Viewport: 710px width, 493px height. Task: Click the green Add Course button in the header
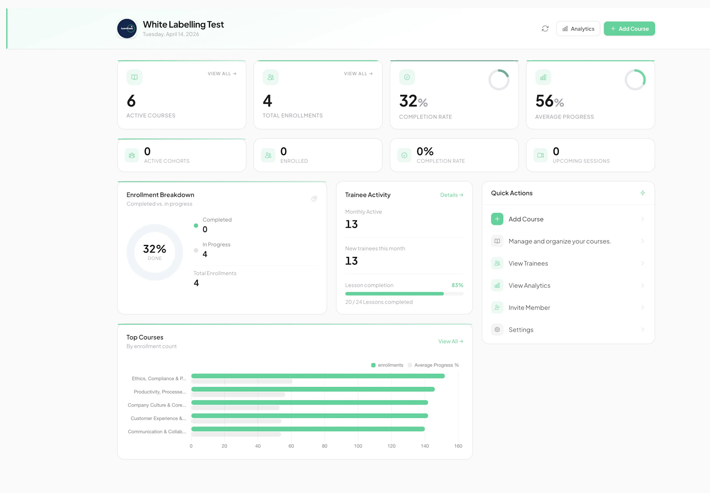tap(629, 29)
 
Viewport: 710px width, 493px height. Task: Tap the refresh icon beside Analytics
tap(545, 29)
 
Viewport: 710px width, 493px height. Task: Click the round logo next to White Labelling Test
tap(127, 29)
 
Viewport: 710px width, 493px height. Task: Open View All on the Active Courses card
tap(222, 74)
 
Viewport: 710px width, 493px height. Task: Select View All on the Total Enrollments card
tap(358, 74)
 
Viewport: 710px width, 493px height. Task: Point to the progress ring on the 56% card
tap(635, 80)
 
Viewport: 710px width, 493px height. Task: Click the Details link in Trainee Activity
tap(451, 195)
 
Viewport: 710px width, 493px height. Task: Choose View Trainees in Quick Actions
tap(528, 264)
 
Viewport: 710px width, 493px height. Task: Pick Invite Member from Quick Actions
tap(529, 308)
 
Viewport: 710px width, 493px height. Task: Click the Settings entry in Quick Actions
tap(521, 330)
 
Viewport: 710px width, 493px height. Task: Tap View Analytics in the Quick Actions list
tap(529, 286)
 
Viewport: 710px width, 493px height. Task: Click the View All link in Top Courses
tap(450, 341)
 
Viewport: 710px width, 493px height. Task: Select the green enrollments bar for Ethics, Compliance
tap(318, 376)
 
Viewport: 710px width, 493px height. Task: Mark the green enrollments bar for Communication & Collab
tap(308, 429)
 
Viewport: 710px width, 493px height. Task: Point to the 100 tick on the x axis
tap(358, 446)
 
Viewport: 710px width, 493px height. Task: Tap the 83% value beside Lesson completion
tap(457, 285)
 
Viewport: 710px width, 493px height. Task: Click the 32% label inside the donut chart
tap(154, 249)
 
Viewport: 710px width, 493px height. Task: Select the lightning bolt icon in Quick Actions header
tap(643, 193)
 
